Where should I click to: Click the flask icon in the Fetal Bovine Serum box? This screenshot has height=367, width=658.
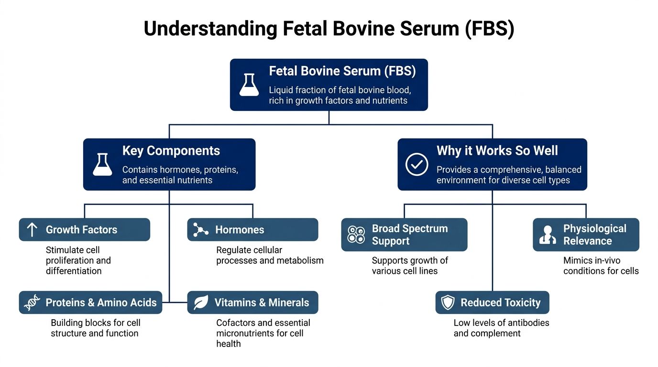click(x=249, y=85)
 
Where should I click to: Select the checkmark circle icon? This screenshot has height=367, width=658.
click(x=417, y=164)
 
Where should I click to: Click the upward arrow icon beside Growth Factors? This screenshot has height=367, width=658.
click(x=32, y=230)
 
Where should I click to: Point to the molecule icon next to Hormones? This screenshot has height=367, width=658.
click(x=200, y=230)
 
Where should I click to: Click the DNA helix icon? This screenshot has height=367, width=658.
click(x=32, y=302)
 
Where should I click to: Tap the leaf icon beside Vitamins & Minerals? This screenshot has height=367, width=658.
click(x=200, y=302)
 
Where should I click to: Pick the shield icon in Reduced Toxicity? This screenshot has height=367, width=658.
click(x=448, y=302)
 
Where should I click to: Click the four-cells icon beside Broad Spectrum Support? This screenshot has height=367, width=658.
click(x=356, y=235)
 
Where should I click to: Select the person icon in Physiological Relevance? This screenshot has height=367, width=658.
click(x=548, y=235)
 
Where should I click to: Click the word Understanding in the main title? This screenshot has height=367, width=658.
click(x=210, y=29)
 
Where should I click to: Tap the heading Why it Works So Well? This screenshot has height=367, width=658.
click(x=497, y=151)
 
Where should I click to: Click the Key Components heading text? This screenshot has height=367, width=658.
click(x=171, y=151)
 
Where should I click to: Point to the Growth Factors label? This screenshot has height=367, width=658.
click(x=81, y=230)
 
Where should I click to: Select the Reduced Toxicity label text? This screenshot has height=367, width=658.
click(x=500, y=302)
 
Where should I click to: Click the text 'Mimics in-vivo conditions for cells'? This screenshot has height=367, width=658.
click(x=601, y=266)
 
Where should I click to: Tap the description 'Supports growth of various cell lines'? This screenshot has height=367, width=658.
click(x=410, y=266)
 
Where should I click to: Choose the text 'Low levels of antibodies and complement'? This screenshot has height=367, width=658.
click(x=501, y=328)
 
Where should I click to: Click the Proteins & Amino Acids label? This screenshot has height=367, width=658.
click(x=101, y=302)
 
